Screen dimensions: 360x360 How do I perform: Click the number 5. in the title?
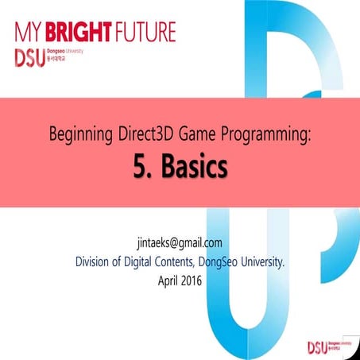[x=141, y=168]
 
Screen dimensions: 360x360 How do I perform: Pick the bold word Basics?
[x=195, y=168]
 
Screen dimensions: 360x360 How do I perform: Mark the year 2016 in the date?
[x=197, y=280]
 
